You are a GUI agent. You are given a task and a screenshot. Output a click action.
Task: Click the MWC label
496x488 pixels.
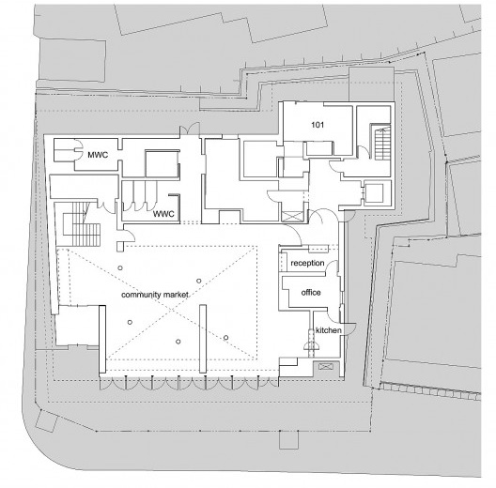pyautogui.click(x=98, y=155)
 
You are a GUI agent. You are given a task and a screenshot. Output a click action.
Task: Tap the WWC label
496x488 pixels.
pyautogui.click(x=163, y=214)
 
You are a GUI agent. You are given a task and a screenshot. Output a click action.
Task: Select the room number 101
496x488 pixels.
pyautogui.click(x=318, y=125)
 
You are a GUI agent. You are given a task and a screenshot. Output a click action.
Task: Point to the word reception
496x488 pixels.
pyautogui.click(x=307, y=263)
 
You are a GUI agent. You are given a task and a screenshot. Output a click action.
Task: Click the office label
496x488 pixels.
pyautogui.click(x=311, y=293)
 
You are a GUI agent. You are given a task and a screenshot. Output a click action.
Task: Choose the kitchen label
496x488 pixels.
pyautogui.click(x=329, y=330)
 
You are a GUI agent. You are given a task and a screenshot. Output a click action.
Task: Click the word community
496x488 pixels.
pyautogui.click(x=141, y=295)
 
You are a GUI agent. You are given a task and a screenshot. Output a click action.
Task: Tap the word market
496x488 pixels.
pyautogui.click(x=176, y=295)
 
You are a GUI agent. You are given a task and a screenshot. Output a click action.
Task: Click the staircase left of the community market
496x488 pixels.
pyautogui.click(x=82, y=224)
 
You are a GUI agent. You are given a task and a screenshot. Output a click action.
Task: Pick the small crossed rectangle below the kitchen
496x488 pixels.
pyautogui.click(x=326, y=367)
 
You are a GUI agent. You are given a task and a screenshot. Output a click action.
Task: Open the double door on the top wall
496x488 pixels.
pyautogui.click(x=190, y=130)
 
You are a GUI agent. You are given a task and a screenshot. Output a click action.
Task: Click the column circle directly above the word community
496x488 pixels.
pyautogui.click(x=120, y=268)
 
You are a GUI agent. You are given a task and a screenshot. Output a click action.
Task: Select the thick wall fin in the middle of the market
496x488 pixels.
pyautogui.click(x=203, y=339)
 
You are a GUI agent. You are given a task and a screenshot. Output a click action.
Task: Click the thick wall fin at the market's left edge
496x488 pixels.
pyautogui.click(x=102, y=340)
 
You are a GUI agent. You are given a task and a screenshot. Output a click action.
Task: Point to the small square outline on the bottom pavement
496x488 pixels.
pyautogui.click(x=288, y=440)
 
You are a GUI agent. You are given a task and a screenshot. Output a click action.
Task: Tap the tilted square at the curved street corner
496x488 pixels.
pyautogui.click(x=47, y=420)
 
